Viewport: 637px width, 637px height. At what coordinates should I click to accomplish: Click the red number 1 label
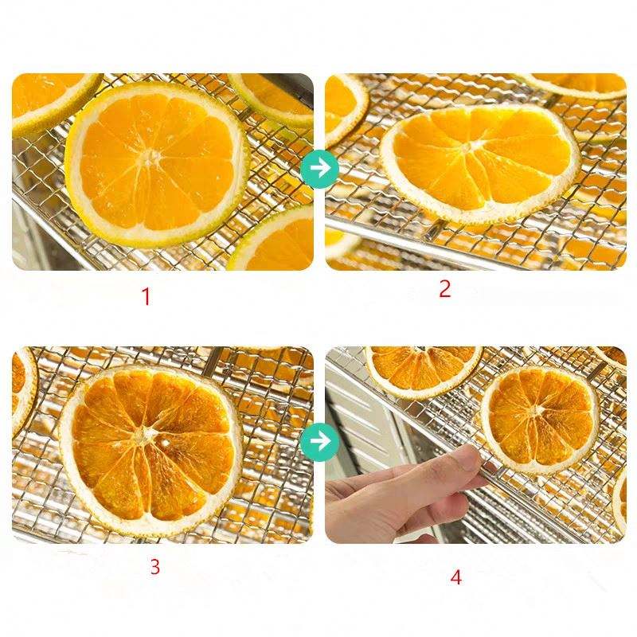pyautogui.click(x=146, y=296)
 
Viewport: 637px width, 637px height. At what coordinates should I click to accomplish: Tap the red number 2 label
pyautogui.click(x=445, y=289)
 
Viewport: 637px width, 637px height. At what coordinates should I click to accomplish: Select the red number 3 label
pyautogui.click(x=154, y=566)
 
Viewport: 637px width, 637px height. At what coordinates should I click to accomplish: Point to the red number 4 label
pyautogui.click(x=455, y=577)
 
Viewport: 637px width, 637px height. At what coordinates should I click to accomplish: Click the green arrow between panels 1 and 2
pyautogui.click(x=320, y=169)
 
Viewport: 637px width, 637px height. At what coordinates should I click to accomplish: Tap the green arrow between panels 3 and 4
pyautogui.click(x=320, y=442)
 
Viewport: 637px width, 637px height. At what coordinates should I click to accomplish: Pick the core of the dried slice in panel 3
pyautogui.click(x=143, y=436)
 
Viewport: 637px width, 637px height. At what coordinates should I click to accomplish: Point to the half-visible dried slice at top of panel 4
pyautogui.click(x=423, y=369)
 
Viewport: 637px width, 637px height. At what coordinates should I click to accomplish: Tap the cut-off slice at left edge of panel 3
pyautogui.click(x=22, y=390)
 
